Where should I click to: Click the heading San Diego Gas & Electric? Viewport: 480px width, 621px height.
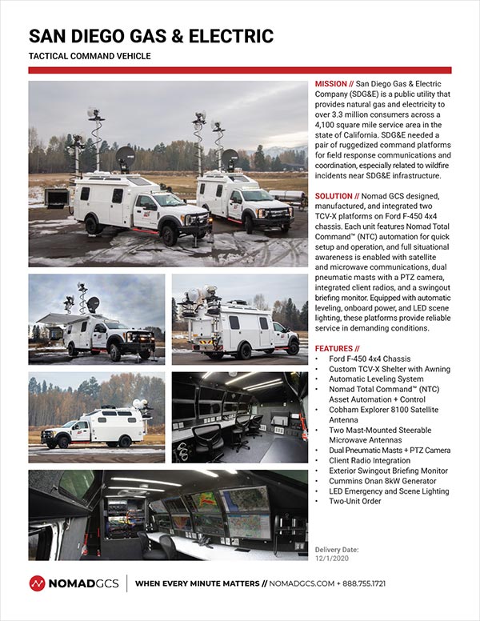[151, 36]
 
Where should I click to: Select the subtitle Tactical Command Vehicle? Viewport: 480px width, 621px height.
[90, 56]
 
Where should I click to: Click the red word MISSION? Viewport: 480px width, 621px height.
[330, 83]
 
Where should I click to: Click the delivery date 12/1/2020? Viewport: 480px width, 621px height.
[333, 559]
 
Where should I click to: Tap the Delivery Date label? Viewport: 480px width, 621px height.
[337, 550]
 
